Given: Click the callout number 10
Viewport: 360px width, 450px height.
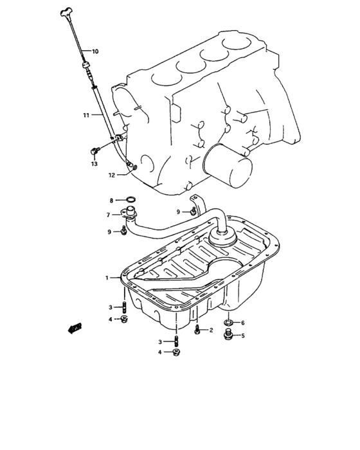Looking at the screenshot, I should [x=95, y=51].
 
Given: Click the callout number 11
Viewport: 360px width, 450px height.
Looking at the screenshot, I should [x=85, y=115].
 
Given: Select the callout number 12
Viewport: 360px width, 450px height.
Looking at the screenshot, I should [x=111, y=174].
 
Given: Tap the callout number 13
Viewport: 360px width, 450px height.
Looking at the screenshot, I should [x=94, y=164].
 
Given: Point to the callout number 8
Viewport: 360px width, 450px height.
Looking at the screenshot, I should [x=111, y=201].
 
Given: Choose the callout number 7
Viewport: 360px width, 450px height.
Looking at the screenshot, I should [x=109, y=215].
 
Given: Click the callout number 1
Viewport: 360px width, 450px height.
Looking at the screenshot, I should [x=107, y=278].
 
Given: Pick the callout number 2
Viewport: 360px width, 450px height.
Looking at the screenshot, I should [x=211, y=330].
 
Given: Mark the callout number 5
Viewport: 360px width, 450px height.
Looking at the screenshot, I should [x=242, y=335].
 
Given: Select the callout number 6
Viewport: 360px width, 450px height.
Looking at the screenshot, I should [x=242, y=322].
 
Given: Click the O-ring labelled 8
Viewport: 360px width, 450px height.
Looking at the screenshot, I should [x=128, y=201].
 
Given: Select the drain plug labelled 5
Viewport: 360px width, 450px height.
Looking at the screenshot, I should [x=228, y=335].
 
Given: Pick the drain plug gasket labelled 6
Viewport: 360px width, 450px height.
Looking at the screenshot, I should [x=228, y=322].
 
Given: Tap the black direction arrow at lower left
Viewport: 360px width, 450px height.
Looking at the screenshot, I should [x=76, y=328].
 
